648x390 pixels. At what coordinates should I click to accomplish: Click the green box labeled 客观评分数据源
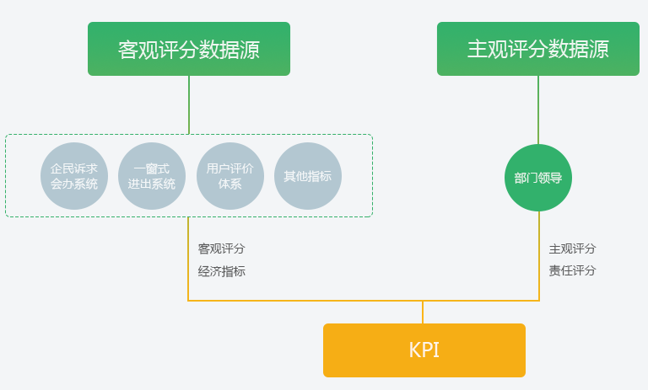click(189, 49)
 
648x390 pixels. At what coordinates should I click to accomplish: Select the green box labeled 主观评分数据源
click(538, 49)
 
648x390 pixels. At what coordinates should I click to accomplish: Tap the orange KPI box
click(424, 350)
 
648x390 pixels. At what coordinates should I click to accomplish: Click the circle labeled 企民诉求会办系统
click(74, 176)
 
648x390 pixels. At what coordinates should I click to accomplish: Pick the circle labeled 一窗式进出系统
click(152, 176)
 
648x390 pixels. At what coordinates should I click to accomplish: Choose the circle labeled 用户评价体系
click(230, 176)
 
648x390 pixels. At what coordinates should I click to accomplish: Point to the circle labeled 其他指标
click(308, 176)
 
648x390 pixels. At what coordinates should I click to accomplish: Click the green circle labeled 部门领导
click(538, 178)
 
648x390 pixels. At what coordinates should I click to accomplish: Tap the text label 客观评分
click(222, 248)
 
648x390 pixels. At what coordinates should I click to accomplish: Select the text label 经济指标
click(222, 271)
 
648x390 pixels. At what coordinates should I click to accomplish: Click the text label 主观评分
click(572, 248)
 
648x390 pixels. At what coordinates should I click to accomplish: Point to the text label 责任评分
click(572, 270)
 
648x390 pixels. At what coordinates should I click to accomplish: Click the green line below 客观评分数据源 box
click(189, 104)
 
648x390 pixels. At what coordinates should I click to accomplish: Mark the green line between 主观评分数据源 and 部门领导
click(538, 110)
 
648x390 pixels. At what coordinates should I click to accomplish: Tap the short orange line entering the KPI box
click(423, 313)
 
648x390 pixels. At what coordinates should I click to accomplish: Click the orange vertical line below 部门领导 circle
click(539, 256)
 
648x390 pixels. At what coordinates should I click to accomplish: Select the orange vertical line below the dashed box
click(188, 259)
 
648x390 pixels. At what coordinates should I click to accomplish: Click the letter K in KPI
click(414, 350)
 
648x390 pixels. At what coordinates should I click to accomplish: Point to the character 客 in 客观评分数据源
click(127, 50)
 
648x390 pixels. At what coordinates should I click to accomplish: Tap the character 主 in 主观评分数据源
click(477, 49)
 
